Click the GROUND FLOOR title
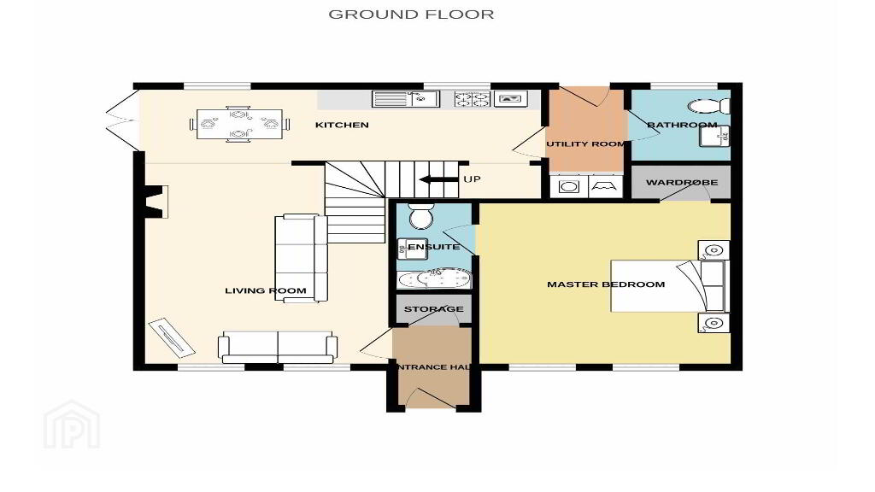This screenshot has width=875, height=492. point(411,15)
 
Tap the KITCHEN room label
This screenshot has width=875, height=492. point(342,125)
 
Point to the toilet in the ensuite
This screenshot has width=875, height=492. point(421,215)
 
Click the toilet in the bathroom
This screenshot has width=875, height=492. point(708,105)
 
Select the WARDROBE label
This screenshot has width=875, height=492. point(682,183)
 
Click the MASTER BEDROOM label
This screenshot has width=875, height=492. point(606,284)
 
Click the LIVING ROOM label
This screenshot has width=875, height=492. point(266,290)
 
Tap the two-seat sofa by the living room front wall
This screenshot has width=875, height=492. point(278,348)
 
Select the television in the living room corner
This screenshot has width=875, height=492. point(171,337)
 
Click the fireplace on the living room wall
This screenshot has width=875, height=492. point(156,202)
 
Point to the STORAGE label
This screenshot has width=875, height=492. point(433,309)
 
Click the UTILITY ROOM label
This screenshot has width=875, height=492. point(585,143)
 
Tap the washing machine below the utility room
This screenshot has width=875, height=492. point(568,186)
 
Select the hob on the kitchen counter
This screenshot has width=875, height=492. point(472,99)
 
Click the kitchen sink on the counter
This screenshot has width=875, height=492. point(406,99)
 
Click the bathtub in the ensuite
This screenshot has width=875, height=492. point(434,278)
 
